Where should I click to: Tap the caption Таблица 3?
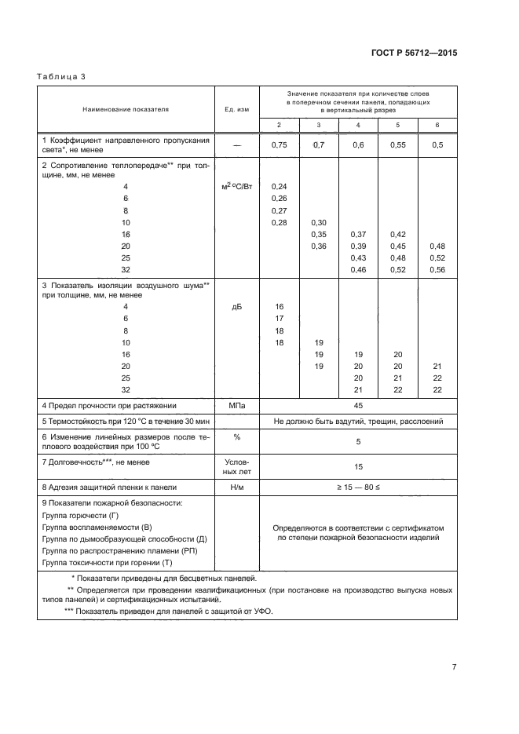point(61,76)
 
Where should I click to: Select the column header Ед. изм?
point(236,109)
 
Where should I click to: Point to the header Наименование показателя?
point(126,109)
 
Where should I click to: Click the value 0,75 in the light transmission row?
point(279,145)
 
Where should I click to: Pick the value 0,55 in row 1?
point(399,145)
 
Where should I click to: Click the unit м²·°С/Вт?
point(236,186)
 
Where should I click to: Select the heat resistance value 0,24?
point(279,186)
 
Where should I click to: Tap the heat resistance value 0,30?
point(319,222)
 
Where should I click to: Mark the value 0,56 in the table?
point(437,269)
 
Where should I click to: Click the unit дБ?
point(236,307)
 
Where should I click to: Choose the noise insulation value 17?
point(279,319)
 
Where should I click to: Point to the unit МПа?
point(236,405)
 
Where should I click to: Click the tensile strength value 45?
point(358,405)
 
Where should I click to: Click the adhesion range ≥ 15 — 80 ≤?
point(358,487)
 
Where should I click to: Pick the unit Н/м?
point(236,487)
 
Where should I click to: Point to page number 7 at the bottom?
point(454,667)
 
